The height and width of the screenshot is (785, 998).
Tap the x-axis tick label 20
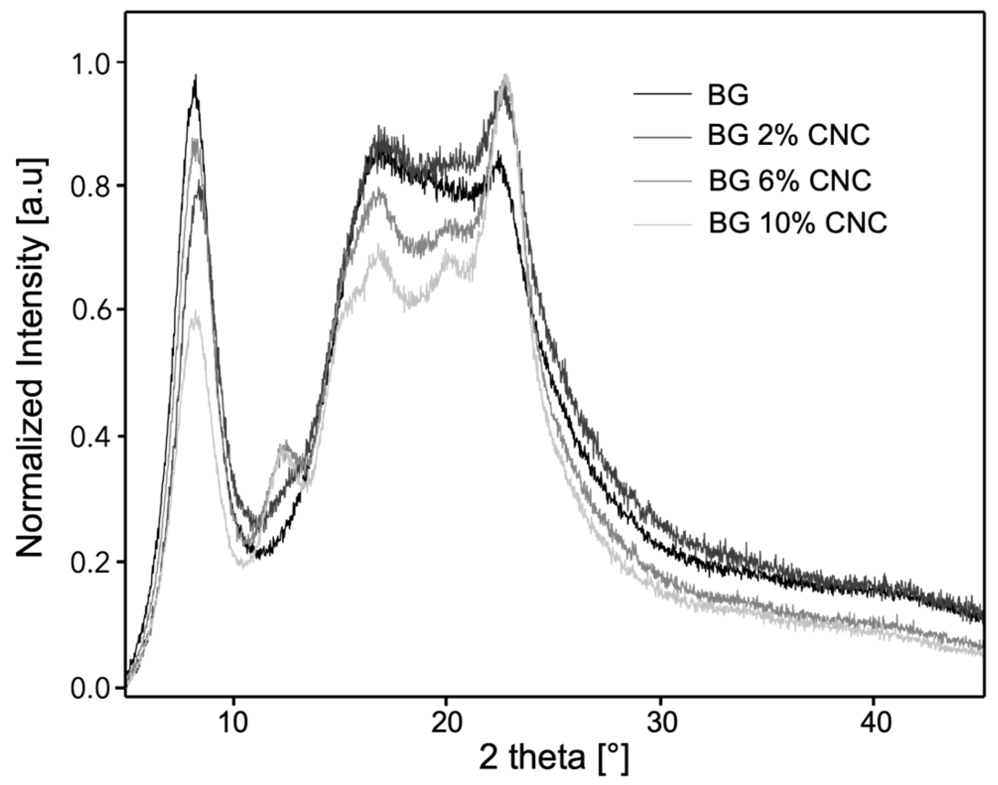[447, 724]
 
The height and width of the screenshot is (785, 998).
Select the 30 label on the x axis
[661, 724]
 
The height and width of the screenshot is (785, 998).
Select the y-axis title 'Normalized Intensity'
[33, 357]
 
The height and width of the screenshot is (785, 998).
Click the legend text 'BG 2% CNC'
[789, 135]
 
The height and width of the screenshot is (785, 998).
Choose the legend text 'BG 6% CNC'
[789, 181]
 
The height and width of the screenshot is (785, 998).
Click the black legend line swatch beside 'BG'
[662, 94]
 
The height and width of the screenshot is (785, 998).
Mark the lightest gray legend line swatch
[662, 226]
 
